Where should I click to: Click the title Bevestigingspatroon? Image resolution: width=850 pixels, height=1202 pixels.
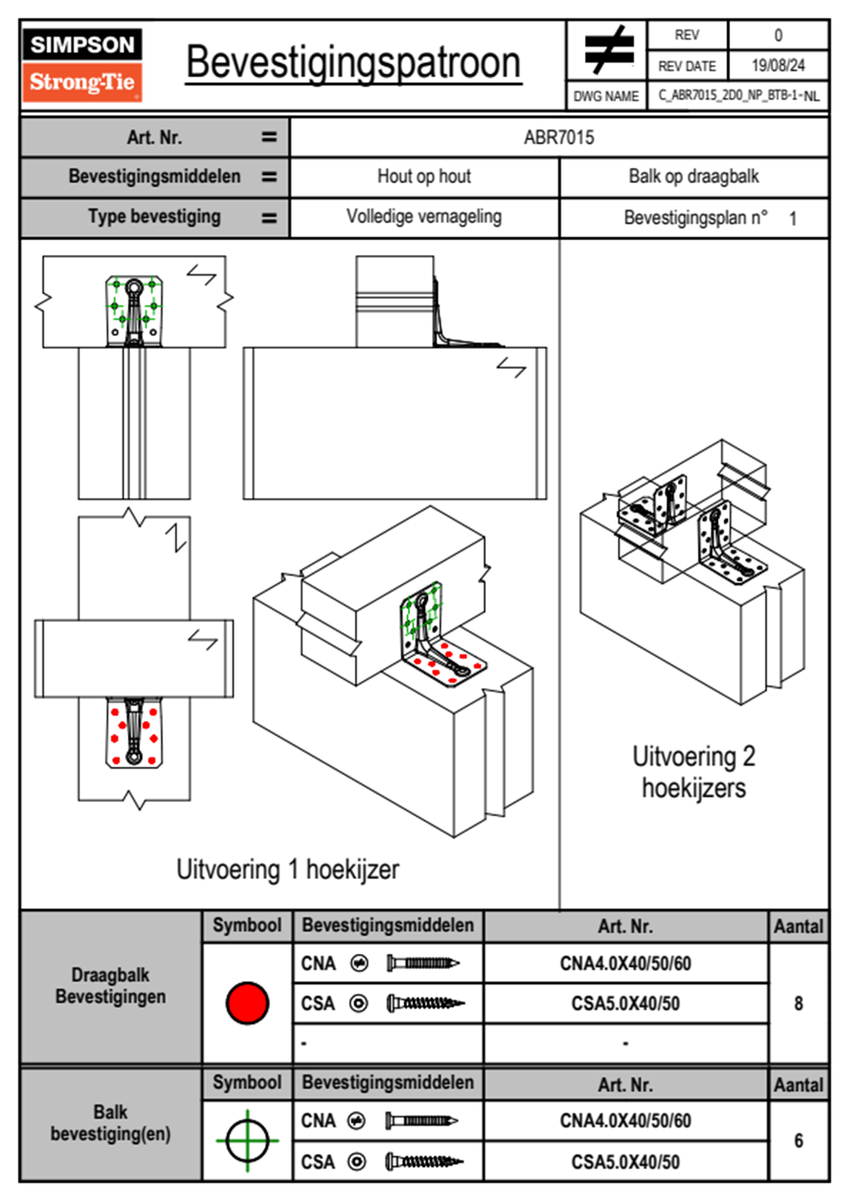[x=353, y=63]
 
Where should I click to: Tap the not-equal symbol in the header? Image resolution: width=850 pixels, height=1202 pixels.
[x=608, y=51]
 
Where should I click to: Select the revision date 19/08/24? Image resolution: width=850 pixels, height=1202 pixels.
[x=778, y=66]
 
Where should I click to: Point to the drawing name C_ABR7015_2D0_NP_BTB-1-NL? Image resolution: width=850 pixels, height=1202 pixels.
[x=739, y=96]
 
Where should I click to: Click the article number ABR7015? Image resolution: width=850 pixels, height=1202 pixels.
[x=559, y=137]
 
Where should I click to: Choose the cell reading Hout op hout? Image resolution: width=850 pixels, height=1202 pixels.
[x=424, y=177]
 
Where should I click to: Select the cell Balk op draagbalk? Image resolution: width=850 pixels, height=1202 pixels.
[x=694, y=177]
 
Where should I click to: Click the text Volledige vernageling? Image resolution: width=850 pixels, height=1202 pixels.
[x=424, y=217]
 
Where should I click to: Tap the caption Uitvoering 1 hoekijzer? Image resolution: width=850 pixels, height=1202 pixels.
[x=287, y=870]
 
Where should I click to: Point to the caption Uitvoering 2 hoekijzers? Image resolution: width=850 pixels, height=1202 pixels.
[x=694, y=772]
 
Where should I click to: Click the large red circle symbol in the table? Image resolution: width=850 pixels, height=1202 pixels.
[x=247, y=1003]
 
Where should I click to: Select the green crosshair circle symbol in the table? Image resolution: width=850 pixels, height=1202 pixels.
[x=247, y=1141]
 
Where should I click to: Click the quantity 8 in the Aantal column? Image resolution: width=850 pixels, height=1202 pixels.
[x=799, y=1003]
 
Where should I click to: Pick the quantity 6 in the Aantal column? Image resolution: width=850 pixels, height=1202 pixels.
[x=799, y=1141]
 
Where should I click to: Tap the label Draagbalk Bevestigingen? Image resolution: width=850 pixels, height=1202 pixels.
[x=111, y=985]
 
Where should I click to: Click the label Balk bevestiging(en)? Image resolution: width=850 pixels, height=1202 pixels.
[x=111, y=1123]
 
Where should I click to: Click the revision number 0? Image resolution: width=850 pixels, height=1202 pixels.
[x=778, y=35]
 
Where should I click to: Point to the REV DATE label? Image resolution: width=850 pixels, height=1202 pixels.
[x=686, y=66]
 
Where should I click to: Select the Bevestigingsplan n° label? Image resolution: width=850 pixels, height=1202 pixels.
[x=696, y=217]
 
